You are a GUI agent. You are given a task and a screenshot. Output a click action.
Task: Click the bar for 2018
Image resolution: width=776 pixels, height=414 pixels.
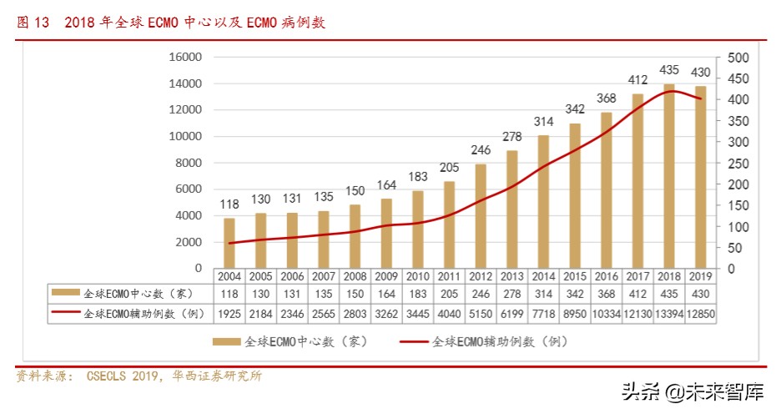[668, 175]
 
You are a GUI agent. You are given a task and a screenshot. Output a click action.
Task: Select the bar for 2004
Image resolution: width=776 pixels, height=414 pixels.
[229, 243]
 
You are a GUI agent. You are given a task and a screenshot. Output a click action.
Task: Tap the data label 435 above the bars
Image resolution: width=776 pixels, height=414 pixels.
[669, 70]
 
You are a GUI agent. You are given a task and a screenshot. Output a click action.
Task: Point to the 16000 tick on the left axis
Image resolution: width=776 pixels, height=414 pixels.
[186, 58]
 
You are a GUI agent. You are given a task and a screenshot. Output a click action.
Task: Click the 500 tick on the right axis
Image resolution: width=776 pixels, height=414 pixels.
[738, 58]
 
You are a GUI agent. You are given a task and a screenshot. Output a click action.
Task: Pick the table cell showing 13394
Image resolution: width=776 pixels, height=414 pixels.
[668, 312]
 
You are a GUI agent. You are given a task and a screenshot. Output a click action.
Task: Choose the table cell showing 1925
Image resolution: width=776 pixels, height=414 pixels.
[229, 312]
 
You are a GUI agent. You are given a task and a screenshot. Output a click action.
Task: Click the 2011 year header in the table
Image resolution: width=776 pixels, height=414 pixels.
[448, 276]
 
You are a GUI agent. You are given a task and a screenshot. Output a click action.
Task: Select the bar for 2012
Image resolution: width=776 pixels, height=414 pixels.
[481, 215]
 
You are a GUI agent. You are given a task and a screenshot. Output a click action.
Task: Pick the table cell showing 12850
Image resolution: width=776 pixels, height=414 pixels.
[700, 312]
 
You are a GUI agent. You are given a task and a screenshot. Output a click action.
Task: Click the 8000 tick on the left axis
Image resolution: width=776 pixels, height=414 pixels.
[189, 163]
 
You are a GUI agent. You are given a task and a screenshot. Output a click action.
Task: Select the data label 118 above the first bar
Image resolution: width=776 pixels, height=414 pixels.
[229, 204]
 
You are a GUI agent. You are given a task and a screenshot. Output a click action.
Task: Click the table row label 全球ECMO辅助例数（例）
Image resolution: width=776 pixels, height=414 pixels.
[139, 312]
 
